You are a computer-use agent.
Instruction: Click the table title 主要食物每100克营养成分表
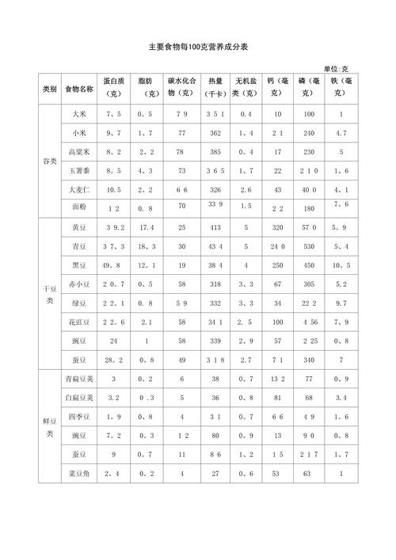coord(198,48)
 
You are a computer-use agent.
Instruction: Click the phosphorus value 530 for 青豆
coord(309,246)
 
